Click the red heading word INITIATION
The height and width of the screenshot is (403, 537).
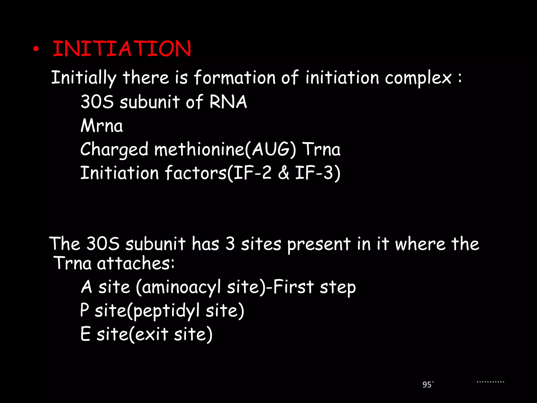point(122,49)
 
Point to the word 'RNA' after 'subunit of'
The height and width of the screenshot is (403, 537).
point(228,102)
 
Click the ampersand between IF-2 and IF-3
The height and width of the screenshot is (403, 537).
point(283,173)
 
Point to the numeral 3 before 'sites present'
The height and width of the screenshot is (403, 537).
point(230,243)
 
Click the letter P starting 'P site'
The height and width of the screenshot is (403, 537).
point(84,310)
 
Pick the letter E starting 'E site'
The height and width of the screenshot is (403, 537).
point(85,334)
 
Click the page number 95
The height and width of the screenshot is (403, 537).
point(427,385)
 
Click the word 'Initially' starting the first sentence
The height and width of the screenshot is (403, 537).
point(84,78)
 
